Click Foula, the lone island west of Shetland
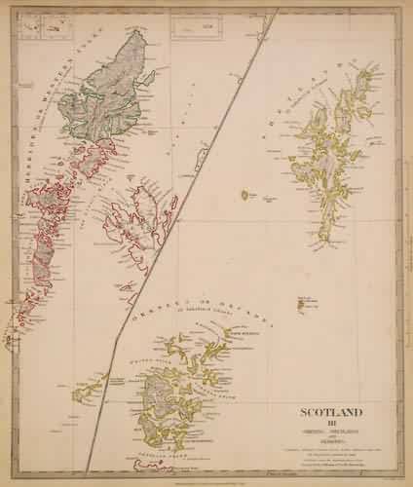coord(244,196)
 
